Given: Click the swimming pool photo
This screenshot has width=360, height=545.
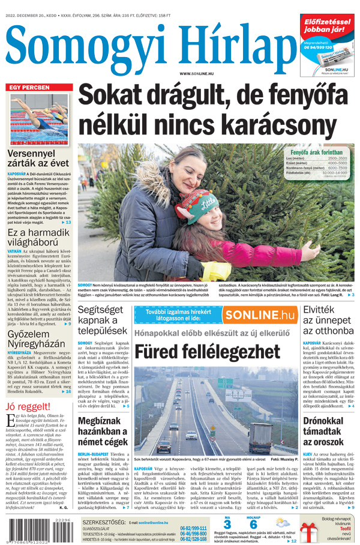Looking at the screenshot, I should tap(40, 119).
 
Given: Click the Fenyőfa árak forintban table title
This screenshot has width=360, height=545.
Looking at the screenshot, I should tap(316, 152).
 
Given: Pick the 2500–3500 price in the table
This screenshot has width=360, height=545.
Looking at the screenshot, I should tap(337, 158).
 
